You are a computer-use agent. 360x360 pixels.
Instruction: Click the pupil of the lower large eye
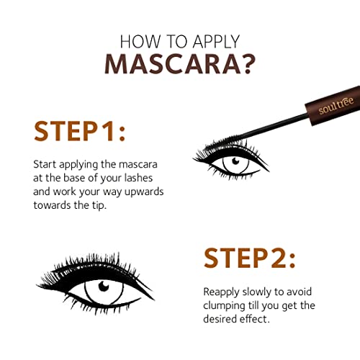tap(104, 287)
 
